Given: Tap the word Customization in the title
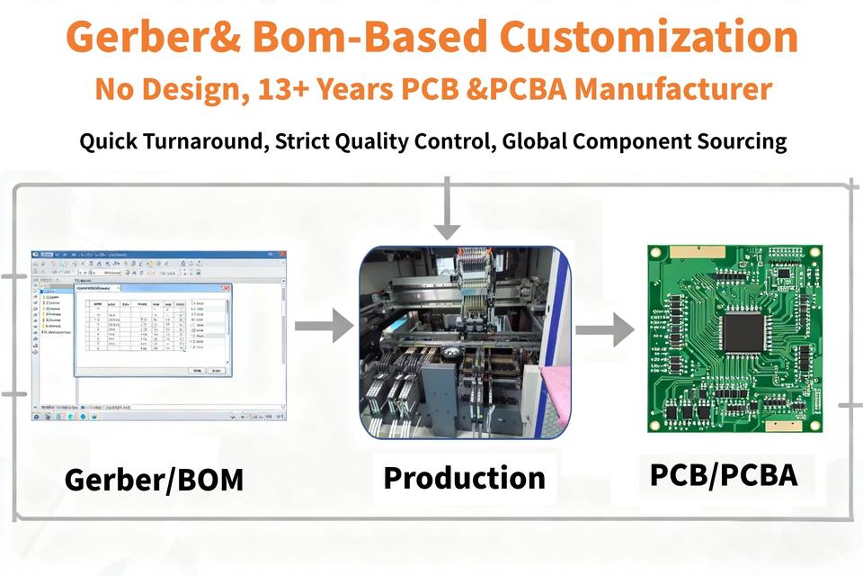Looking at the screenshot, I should point(647,38).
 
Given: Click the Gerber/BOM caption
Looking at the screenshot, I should point(154,480).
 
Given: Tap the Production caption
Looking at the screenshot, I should point(464,477).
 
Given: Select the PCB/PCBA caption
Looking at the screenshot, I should point(724,474).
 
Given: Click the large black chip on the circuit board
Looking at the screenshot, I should point(744,332).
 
